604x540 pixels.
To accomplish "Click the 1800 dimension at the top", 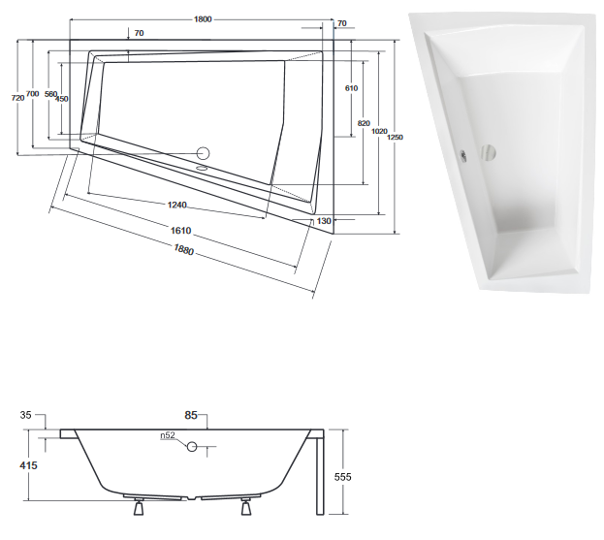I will tap(203, 20).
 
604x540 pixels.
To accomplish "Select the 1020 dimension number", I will tap(380, 131).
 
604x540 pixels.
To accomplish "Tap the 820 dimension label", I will tap(365, 123).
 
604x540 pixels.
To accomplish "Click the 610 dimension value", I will tap(351, 88).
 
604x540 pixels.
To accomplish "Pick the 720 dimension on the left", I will tap(16, 97).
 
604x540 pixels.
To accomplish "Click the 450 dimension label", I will tap(62, 99).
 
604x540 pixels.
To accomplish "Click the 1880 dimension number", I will tap(183, 249).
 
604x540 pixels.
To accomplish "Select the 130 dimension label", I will tap(324, 222).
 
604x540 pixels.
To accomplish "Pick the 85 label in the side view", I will tap(191, 417).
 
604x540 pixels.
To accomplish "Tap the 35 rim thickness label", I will tap(27, 417).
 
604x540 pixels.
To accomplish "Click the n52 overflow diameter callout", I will tap(169, 435).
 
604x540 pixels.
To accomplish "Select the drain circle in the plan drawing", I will tap(204, 152).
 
